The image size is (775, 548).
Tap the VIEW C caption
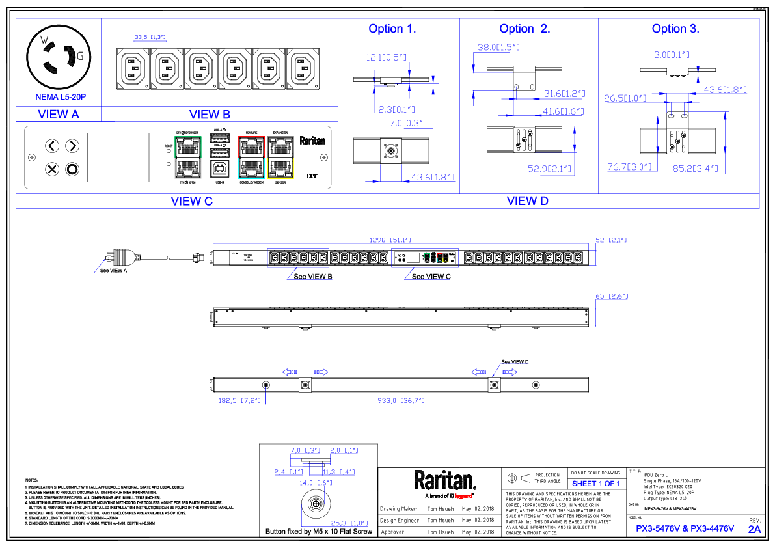click(192, 201)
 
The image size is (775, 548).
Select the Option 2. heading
click(524, 29)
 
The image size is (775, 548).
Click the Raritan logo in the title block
click(446, 482)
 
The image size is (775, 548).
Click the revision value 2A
click(754, 529)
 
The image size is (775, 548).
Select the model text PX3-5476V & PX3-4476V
click(685, 528)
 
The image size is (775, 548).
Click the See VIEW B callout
click(313, 277)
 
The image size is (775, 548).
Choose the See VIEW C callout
click(431, 277)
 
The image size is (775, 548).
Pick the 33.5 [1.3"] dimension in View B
click(150, 37)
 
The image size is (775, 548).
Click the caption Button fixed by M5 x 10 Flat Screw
click(319, 532)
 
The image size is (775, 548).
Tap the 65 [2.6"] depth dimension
click(611, 296)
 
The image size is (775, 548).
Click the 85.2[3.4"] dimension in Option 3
click(695, 169)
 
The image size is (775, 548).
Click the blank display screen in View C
click(118, 158)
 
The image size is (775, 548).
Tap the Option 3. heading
click(675, 29)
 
